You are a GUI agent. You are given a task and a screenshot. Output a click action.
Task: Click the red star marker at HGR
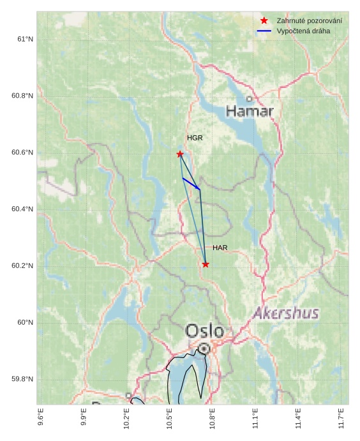[180, 154]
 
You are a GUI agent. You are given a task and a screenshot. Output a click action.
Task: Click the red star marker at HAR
[206, 264]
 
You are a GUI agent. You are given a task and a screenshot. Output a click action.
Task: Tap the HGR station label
[195, 138]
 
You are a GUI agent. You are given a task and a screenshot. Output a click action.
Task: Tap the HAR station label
[220, 248]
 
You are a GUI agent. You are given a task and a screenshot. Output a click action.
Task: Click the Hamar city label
[250, 112]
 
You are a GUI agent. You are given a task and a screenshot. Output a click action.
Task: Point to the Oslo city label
[204, 331]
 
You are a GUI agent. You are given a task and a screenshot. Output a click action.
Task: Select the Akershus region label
[285, 313]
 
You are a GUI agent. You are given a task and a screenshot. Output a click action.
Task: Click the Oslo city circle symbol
[204, 348]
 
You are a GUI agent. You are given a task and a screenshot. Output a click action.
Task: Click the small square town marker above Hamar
[249, 99]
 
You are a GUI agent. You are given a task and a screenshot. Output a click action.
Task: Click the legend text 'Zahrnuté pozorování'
[309, 21]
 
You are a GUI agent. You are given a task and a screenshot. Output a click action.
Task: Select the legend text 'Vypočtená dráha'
[303, 31]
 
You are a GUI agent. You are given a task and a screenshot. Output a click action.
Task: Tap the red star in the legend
[264, 21]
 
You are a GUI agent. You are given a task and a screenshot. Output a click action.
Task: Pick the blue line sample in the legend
[264, 31]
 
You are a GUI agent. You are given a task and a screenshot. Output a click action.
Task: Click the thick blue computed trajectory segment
[191, 184]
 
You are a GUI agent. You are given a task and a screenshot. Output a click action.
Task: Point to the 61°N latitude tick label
[25, 40]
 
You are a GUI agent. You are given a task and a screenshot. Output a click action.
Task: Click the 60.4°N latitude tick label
[22, 209]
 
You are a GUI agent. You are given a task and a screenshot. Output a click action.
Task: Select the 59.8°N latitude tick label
[22, 379]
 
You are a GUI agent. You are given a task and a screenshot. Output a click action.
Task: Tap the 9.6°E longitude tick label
[41, 418]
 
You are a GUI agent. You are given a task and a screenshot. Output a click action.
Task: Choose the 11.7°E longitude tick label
[341, 418]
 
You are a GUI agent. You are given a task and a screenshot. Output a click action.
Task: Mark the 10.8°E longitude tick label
[213, 418]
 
